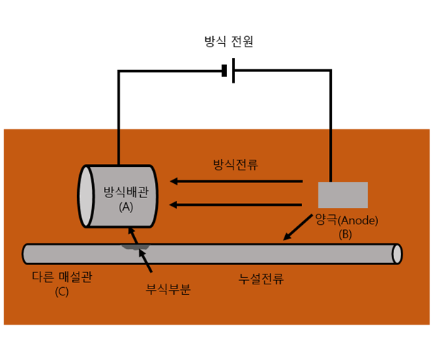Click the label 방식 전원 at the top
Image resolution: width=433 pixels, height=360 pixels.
pyautogui.click(x=228, y=41)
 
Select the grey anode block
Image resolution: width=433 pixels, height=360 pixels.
pyautogui.click(x=342, y=194)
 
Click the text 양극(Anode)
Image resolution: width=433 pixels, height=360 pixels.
pyautogui.click(x=347, y=220)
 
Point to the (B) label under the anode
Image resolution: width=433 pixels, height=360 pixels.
pyautogui.click(x=345, y=233)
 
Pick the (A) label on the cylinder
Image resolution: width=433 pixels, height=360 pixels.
pyautogui.click(x=126, y=207)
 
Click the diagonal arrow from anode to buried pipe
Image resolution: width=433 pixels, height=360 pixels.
pyautogui.click(x=297, y=226)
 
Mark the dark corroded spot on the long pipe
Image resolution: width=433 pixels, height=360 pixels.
pyautogui.click(x=136, y=247)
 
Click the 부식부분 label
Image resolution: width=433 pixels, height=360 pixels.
pyautogui.click(x=168, y=289)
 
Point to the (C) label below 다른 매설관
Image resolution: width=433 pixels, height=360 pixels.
pyautogui.click(x=62, y=291)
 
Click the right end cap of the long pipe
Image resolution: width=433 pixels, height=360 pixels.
pyautogui.click(x=397, y=254)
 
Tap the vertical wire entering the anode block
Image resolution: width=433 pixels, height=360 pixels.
pyautogui.click(x=330, y=127)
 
